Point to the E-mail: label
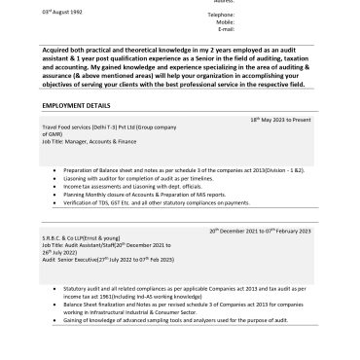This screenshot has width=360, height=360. pyautogui.click(x=198, y=30)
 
